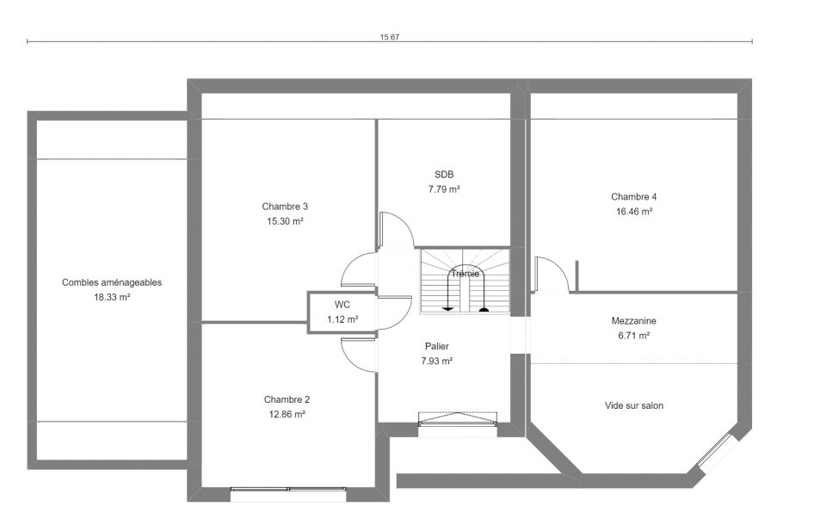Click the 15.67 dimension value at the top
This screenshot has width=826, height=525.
click(x=390, y=37)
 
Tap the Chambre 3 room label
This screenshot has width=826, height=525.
click(x=285, y=207)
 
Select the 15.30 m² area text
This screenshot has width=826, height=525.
click(x=285, y=221)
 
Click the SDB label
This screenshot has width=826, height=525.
click(x=444, y=175)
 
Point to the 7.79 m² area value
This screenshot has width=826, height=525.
click(x=444, y=189)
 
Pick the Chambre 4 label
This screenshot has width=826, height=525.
click(x=634, y=196)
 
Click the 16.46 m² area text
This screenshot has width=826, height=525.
click(x=634, y=212)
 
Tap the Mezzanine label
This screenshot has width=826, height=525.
click(x=634, y=320)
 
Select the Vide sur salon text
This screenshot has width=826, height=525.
click(x=634, y=405)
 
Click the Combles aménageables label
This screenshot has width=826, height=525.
click(x=112, y=282)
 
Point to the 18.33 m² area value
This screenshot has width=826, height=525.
click(x=112, y=297)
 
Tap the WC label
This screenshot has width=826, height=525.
click(x=342, y=305)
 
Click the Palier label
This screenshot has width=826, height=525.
click(x=437, y=346)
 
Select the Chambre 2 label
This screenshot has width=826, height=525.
click(x=287, y=399)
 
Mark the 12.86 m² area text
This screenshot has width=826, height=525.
click(x=287, y=414)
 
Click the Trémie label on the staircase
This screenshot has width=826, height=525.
click(x=465, y=274)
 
